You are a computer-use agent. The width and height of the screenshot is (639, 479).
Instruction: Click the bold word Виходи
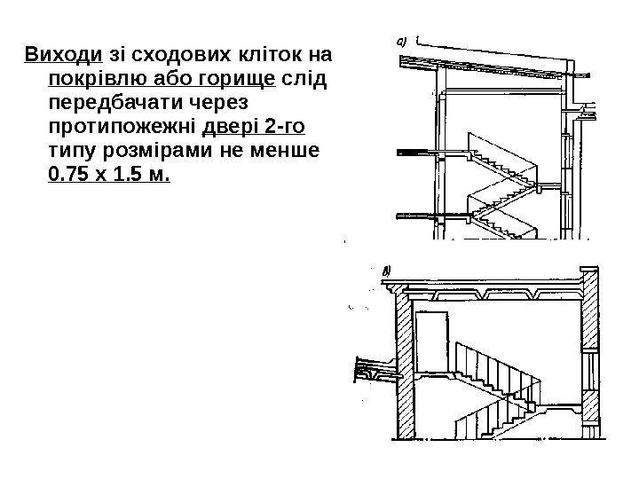[53, 56]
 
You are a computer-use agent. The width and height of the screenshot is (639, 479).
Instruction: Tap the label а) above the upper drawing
[400, 40]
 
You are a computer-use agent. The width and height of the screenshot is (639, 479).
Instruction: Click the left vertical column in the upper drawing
[438, 151]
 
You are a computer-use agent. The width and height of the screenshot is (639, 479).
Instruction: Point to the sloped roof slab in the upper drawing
[497, 65]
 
